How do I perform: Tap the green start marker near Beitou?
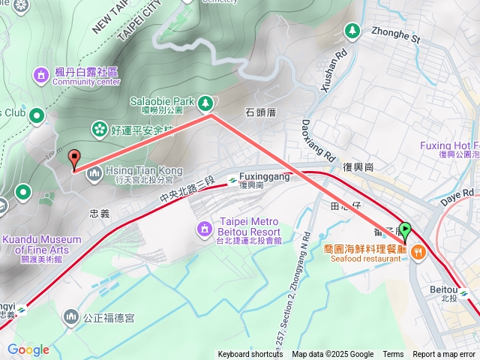406,229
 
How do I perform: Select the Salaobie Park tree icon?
206,101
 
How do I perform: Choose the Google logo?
28,349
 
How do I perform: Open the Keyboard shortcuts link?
250,355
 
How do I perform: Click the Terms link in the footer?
393,355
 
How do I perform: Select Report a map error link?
444,355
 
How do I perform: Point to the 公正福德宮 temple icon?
70,317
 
